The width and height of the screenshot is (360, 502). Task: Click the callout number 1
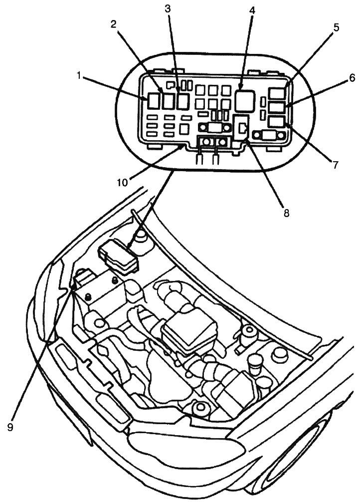coord(78,75)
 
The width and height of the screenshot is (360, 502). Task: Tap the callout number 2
coord(114,24)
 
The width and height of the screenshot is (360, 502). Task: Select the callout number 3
coord(168,9)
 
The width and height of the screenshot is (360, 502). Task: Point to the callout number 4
coord(252,10)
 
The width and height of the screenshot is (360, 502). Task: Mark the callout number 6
coord(338,78)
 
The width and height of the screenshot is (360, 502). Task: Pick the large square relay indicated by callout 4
coord(244,100)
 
